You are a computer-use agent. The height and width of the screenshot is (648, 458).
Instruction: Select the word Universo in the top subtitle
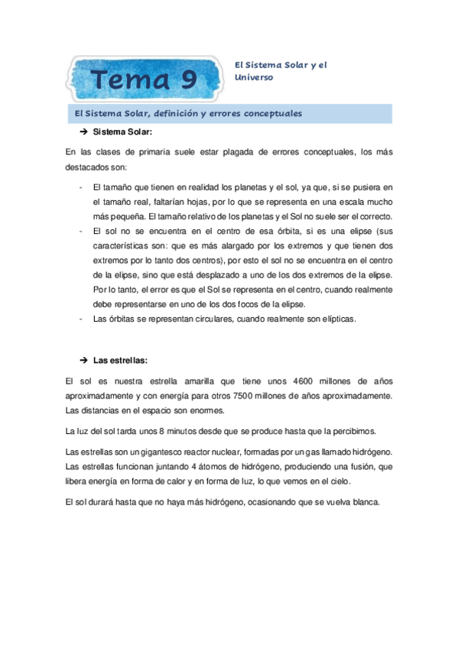[254, 77]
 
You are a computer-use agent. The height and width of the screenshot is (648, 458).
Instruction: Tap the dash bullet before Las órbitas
[81, 319]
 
